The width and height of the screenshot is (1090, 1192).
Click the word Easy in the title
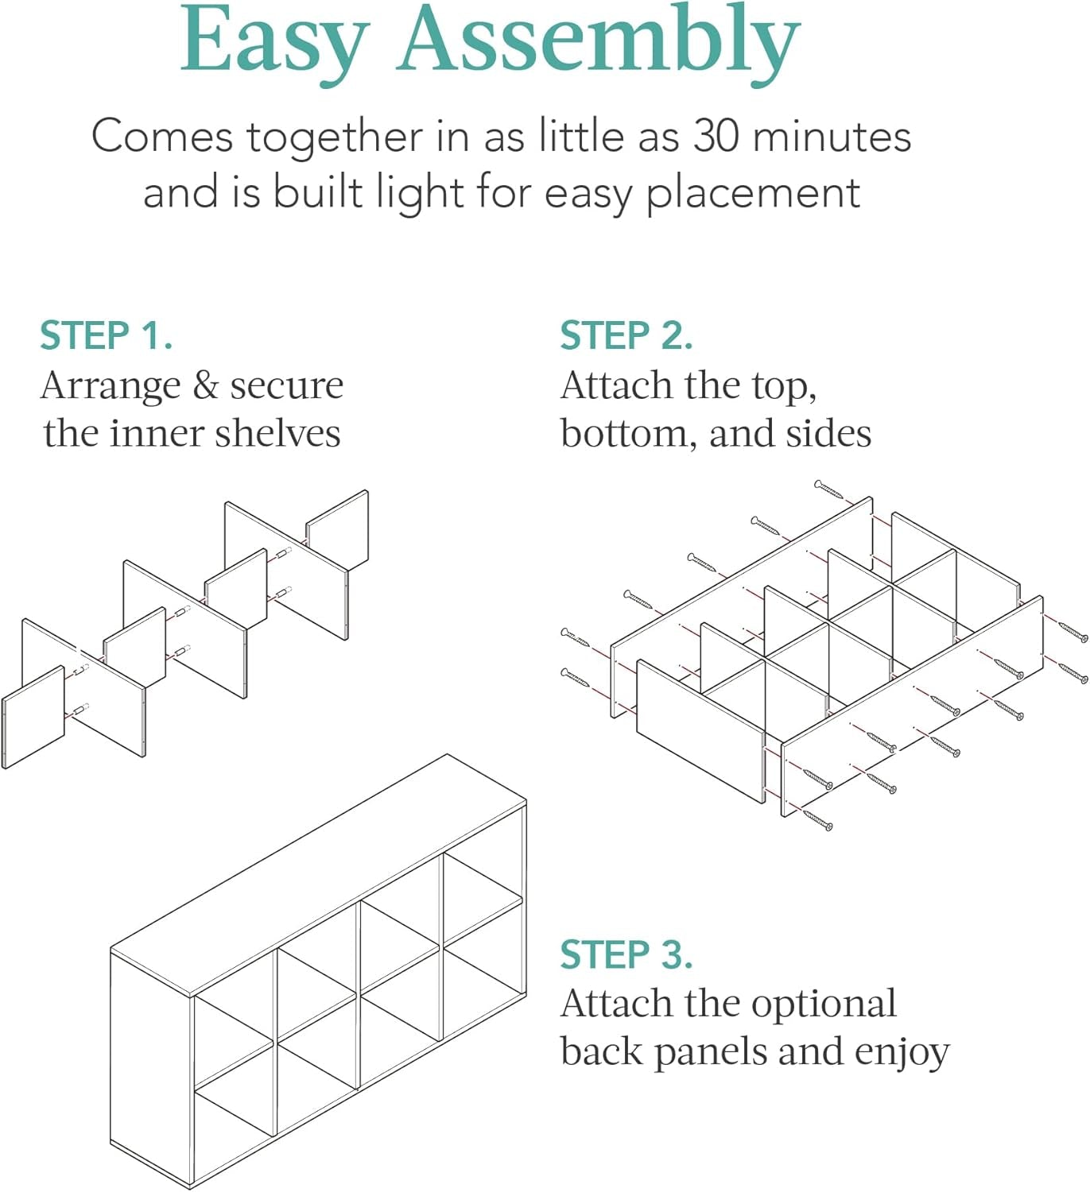coord(274,44)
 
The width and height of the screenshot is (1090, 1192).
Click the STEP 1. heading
coord(107,335)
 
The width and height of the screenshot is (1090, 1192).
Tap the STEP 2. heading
coord(626,335)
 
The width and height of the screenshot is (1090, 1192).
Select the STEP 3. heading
coord(626,954)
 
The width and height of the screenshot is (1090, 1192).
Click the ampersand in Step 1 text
coord(205,385)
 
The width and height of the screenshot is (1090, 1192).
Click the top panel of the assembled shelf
coord(318,874)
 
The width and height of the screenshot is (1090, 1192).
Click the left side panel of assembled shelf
coord(151,1065)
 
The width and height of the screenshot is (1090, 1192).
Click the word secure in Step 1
coord(286,386)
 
